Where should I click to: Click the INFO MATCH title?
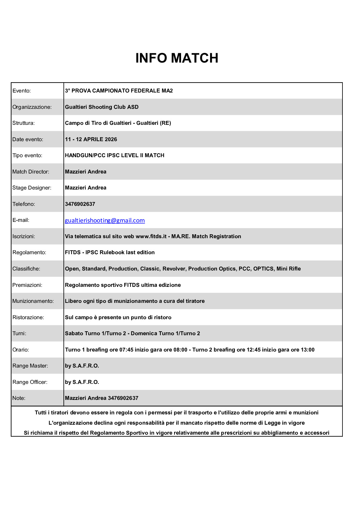click(x=177, y=58)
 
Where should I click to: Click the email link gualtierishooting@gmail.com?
click(x=105, y=220)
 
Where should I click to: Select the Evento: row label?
click(x=22, y=91)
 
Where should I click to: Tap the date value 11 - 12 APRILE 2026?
click(x=91, y=139)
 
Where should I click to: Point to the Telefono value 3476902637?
click(x=80, y=204)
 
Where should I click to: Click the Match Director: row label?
click(x=31, y=172)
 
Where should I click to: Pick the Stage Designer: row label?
click(x=32, y=188)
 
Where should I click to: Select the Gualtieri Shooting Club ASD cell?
click(x=102, y=107)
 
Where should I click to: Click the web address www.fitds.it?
click(x=151, y=236)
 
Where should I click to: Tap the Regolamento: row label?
click(x=29, y=252)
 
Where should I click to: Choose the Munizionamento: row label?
click(x=33, y=301)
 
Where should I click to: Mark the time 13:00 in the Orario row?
click(x=307, y=350)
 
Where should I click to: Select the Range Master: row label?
click(x=30, y=366)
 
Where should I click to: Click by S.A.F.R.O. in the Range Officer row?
click(x=82, y=382)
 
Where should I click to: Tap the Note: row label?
click(x=19, y=398)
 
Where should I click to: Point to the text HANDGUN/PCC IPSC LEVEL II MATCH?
click(x=115, y=155)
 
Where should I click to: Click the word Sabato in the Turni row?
click(x=73, y=333)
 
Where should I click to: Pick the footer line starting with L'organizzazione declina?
click(x=177, y=423)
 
